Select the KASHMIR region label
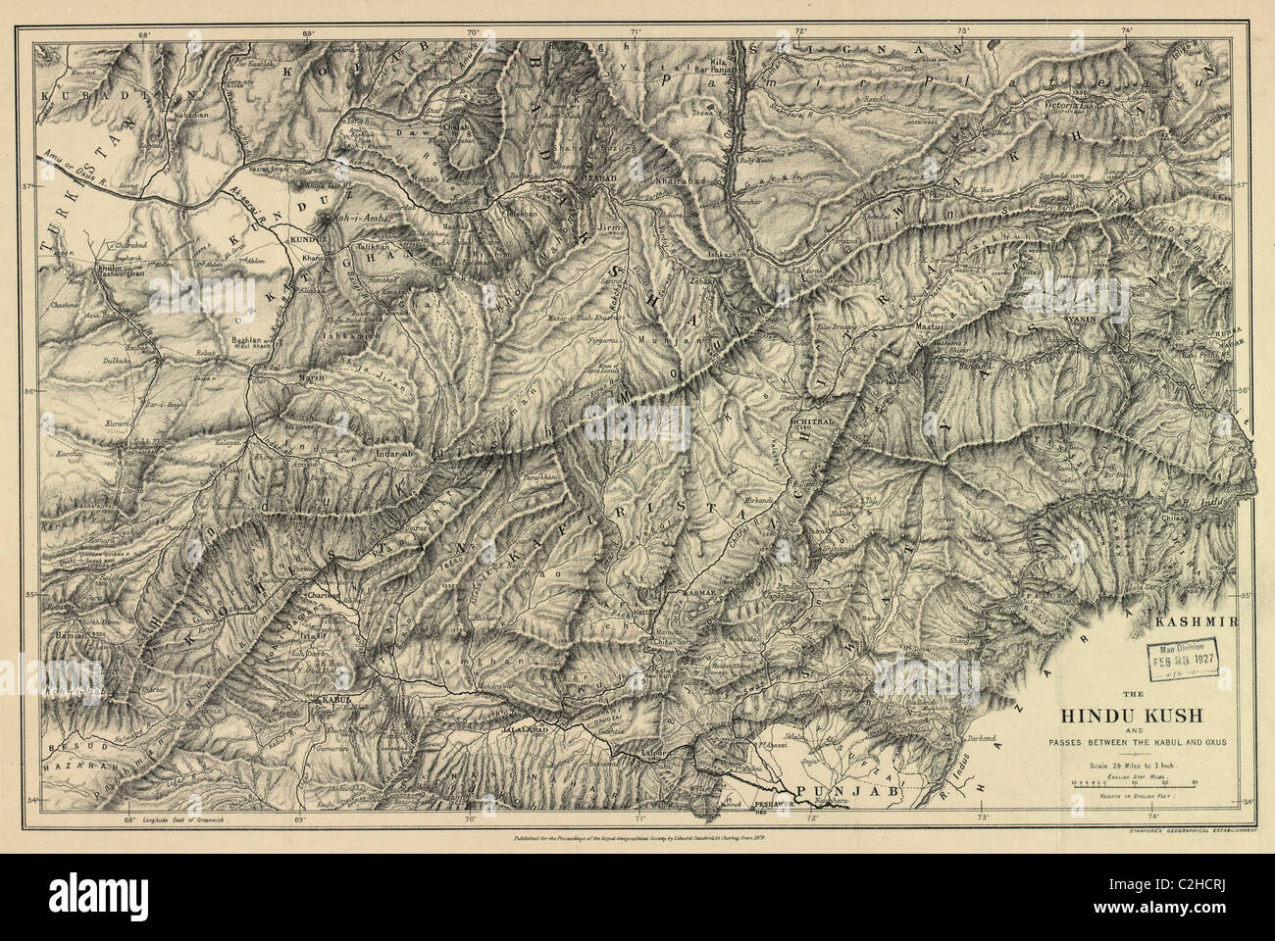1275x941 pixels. (1198, 622)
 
